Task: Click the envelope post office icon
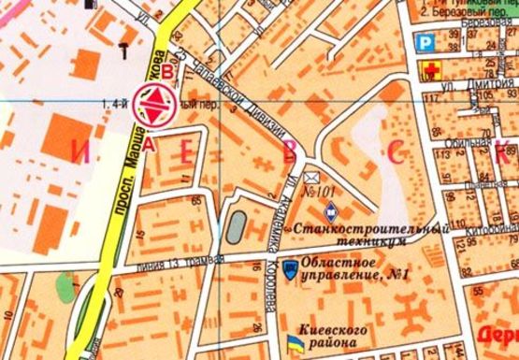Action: (311, 178)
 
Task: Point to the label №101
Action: (320, 194)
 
